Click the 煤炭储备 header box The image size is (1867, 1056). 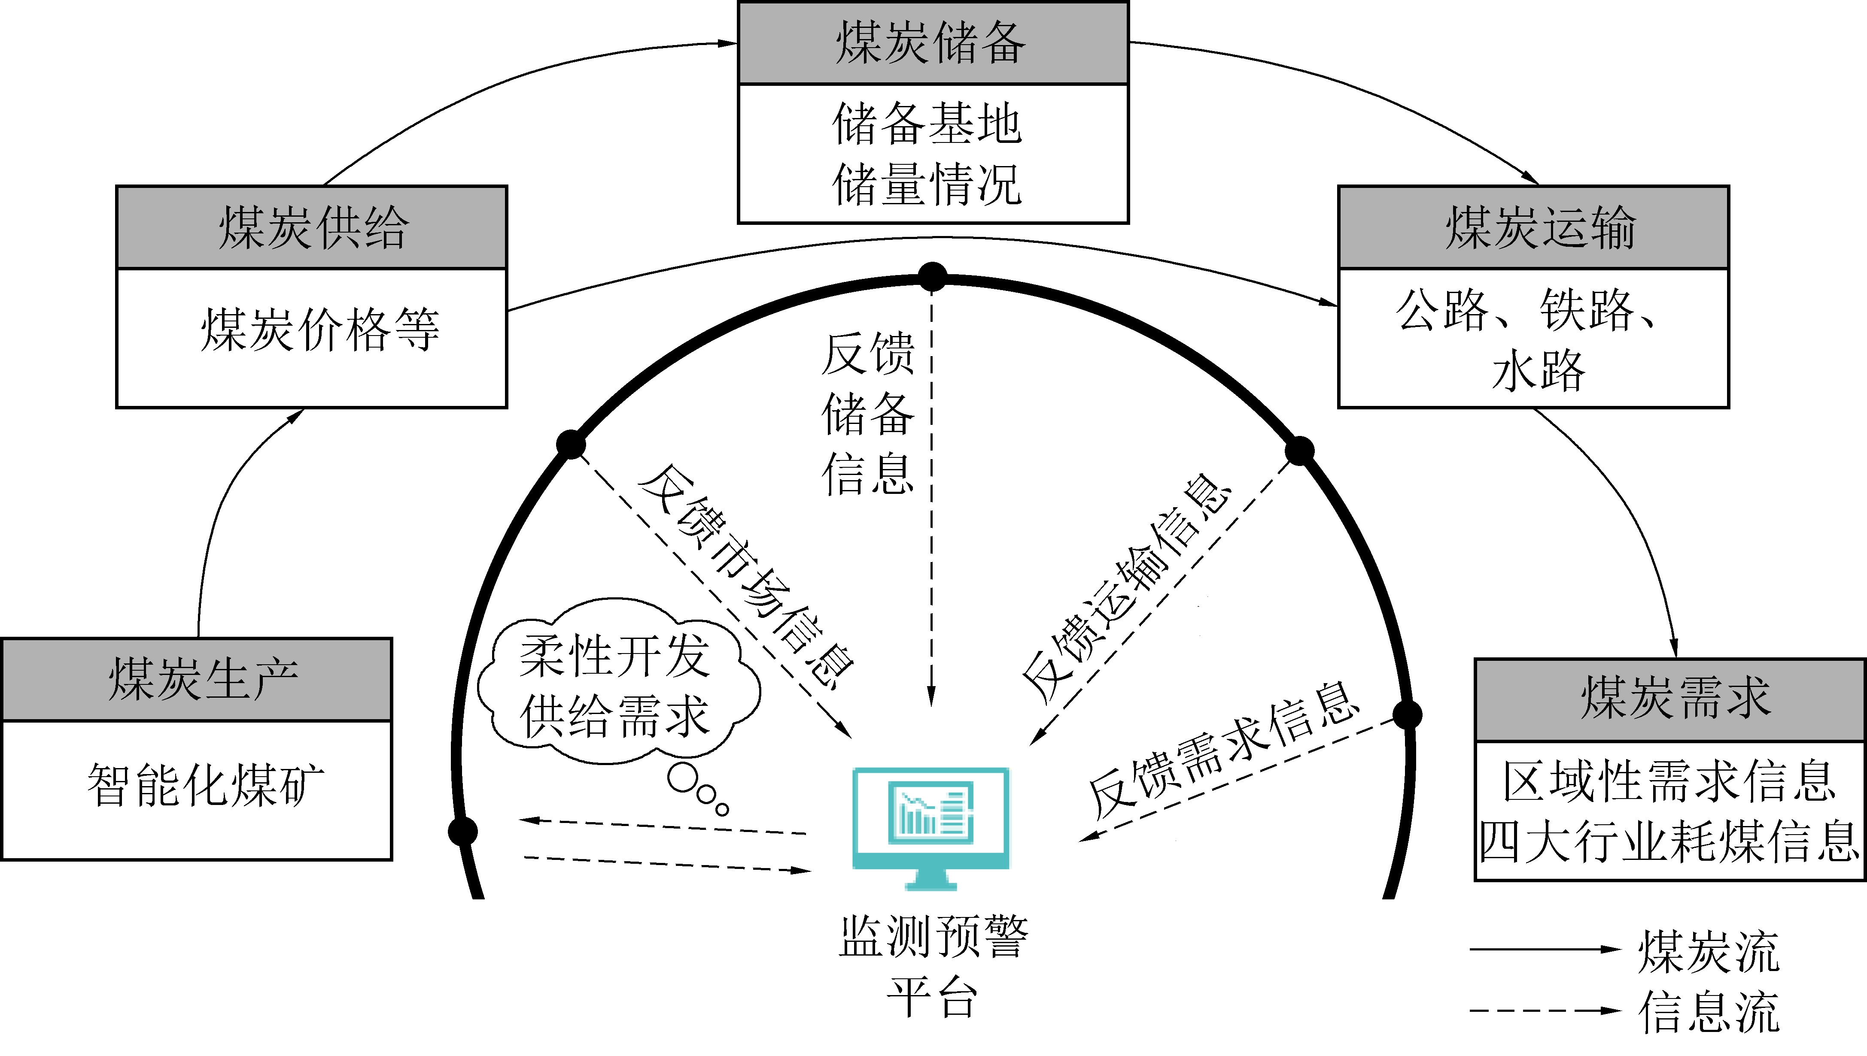tap(932, 42)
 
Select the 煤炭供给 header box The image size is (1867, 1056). tap(311, 227)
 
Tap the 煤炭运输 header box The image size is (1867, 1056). tap(1533, 227)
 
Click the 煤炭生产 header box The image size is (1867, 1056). tap(197, 680)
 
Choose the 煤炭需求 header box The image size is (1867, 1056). tap(1669, 700)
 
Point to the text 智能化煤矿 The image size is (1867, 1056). tap(205, 785)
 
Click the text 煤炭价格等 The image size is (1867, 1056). tap(319, 330)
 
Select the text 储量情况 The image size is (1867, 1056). tap(927, 184)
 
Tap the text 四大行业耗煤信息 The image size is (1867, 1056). tap(1669, 843)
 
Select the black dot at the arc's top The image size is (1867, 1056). tap(932, 276)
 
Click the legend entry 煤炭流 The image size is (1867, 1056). tap(1707, 952)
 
